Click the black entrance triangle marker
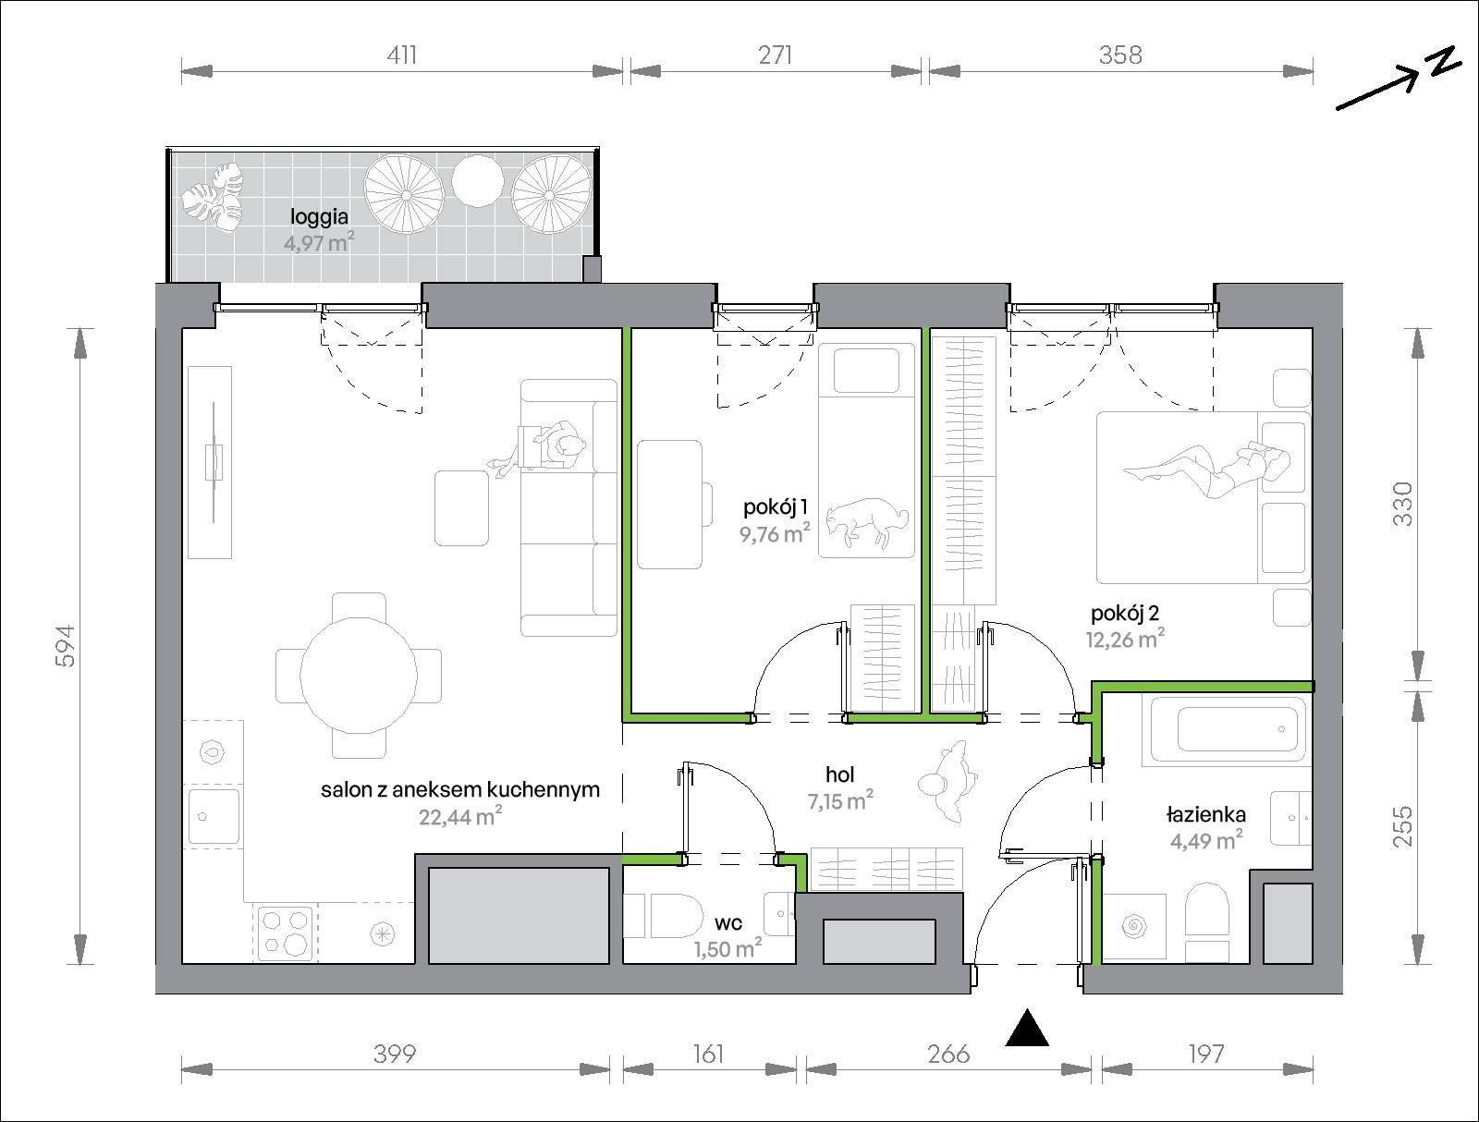pyautogui.click(x=1026, y=1030)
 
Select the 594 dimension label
pyautogui.click(x=65, y=647)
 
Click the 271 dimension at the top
pyautogui.click(x=775, y=55)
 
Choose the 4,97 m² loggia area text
pyautogui.click(x=319, y=241)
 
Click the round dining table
pyautogui.click(x=359, y=676)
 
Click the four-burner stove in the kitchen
pyautogui.click(x=285, y=933)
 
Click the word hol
pyautogui.click(x=839, y=774)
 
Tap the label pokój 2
pyautogui.click(x=1125, y=614)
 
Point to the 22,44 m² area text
pyautogui.click(x=460, y=817)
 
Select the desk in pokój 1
pyautogui.click(x=670, y=505)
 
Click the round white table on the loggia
pyautogui.click(x=477, y=181)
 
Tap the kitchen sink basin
pyautogui.click(x=214, y=816)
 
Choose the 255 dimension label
pyautogui.click(x=1401, y=826)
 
